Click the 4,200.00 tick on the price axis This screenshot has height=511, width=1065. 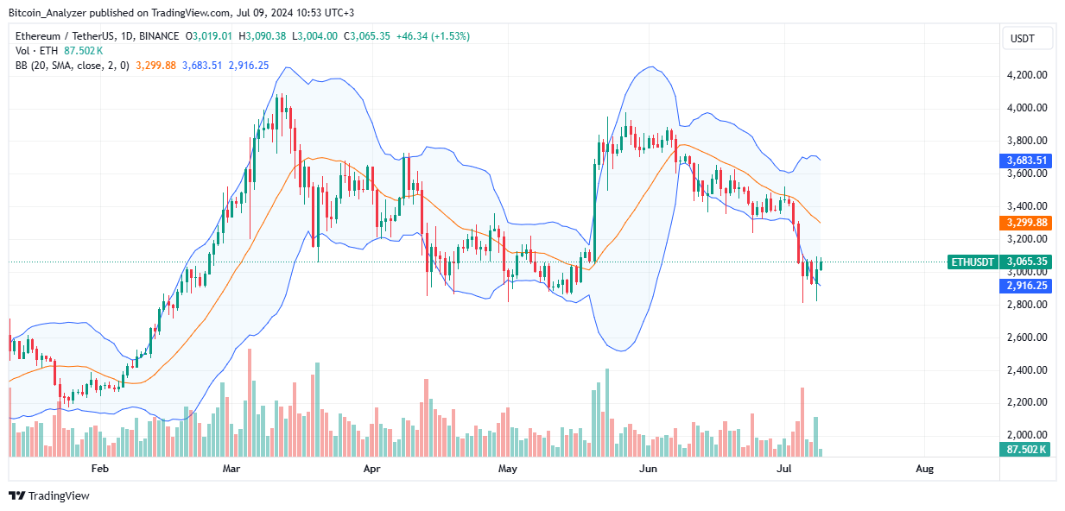tap(1026, 75)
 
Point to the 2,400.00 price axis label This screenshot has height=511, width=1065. tap(1026, 370)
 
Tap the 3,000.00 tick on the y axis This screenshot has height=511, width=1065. tap(1026, 272)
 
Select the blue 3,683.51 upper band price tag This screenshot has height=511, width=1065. tap(1026, 160)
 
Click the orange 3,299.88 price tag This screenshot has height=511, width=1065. tap(1026, 223)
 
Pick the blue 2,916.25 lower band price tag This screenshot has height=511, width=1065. tap(1026, 286)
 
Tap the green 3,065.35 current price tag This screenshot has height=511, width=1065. tap(1026, 262)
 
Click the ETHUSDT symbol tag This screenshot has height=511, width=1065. tap(973, 262)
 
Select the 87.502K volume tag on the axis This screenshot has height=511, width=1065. tap(1026, 450)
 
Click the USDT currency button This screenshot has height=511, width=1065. tap(1027, 38)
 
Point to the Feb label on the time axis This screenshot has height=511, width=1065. tap(99, 469)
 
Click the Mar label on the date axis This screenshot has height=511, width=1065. tap(231, 469)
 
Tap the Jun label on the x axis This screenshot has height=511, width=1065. tap(646, 469)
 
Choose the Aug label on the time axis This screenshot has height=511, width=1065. tap(924, 469)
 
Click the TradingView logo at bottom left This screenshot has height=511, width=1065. tap(49, 495)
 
